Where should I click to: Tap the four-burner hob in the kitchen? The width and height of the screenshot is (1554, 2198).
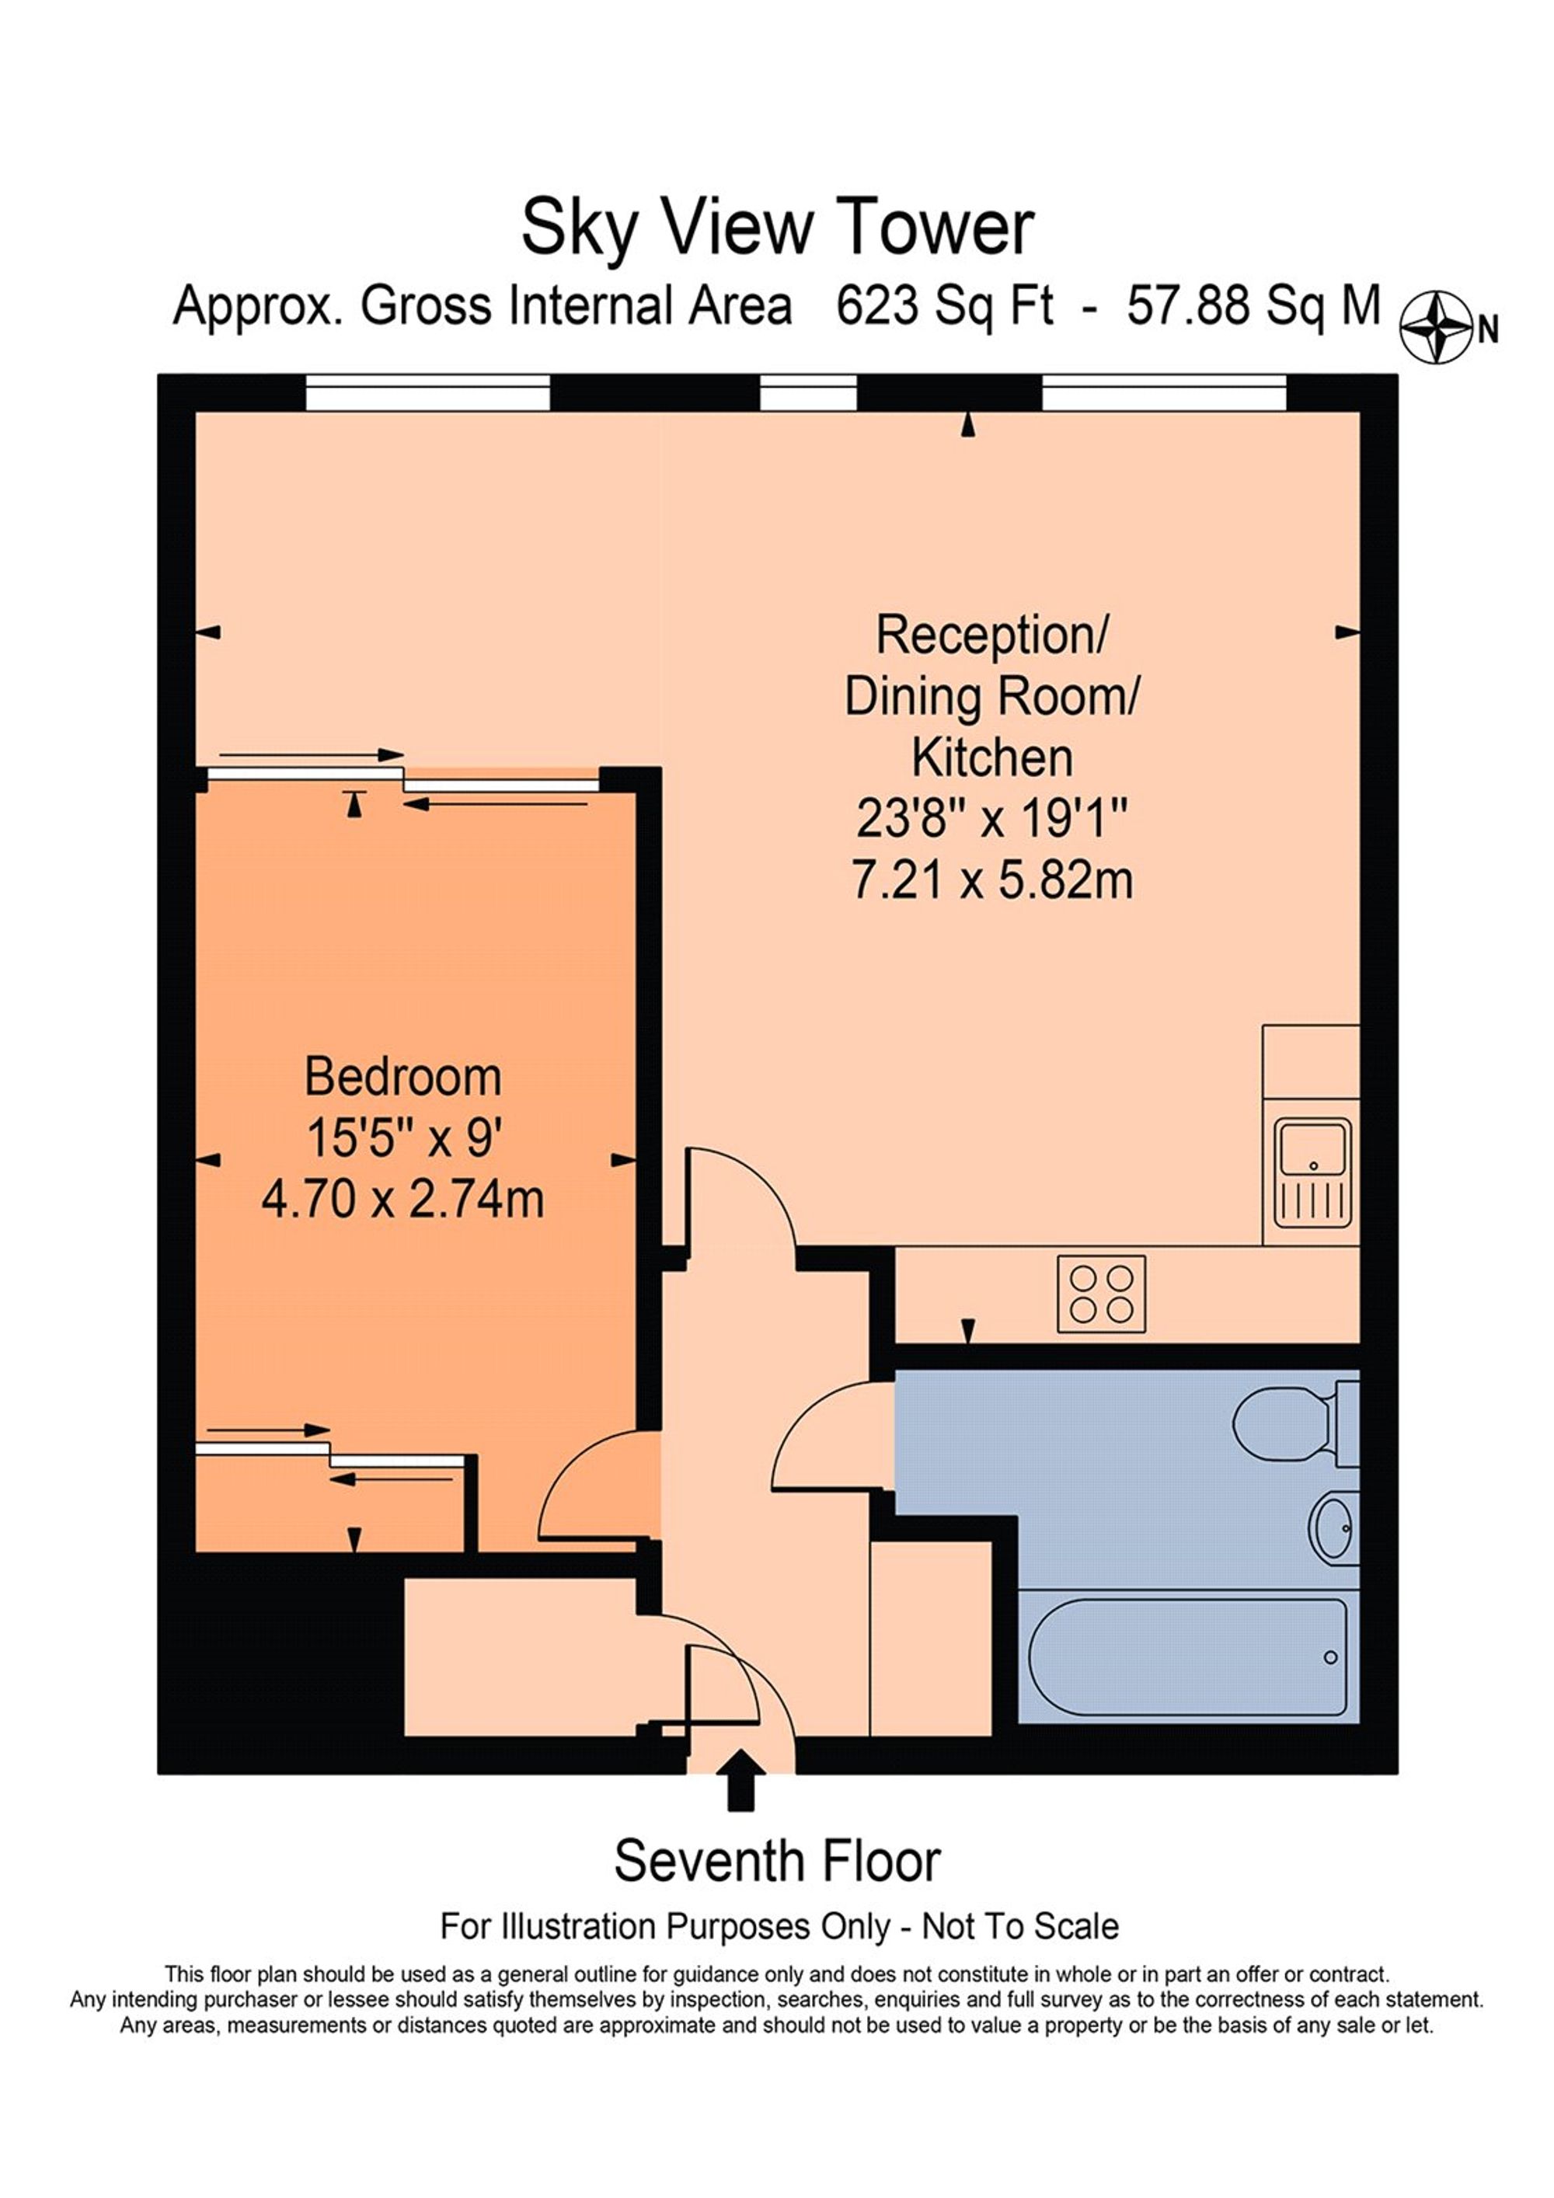point(1101,1294)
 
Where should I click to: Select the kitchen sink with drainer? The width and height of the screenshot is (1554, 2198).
point(1312,1174)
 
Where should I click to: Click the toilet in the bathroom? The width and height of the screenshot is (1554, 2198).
point(1287,1423)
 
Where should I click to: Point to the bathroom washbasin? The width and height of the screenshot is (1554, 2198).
point(1332,1529)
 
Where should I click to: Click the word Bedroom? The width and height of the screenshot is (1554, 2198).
point(403,1077)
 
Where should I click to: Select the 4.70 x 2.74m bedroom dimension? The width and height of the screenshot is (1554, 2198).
point(403,1200)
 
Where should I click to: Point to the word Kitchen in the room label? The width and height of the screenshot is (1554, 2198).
point(992,758)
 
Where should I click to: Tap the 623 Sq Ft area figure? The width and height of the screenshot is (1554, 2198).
point(944,306)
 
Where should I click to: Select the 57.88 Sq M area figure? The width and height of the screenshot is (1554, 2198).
point(1253,306)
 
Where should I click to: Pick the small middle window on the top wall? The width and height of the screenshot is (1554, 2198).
point(808,393)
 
